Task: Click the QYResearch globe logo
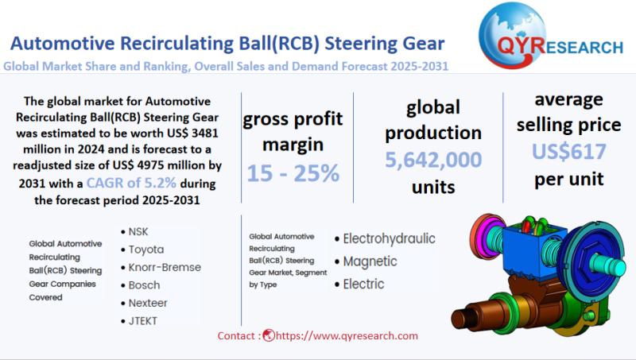pyautogui.click(x=512, y=35)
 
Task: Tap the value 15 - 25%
pyautogui.click(x=293, y=173)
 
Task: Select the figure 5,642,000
pyautogui.click(x=433, y=159)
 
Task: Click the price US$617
pyautogui.click(x=568, y=151)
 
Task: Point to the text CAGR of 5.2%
pyautogui.click(x=131, y=183)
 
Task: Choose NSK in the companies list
pyautogui.click(x=138, y=231)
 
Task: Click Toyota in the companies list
pyautogui.click(x=146, y=250)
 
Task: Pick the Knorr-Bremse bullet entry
pyautogui.click(x=165, y=267)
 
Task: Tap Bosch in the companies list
pyautogui.click(x=144, y=285)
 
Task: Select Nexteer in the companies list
pyautogui.click(x=148, y=303)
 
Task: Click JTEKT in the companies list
pyautogui.click(x=143, y=321)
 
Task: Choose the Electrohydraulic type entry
pyautogui.click(x=389, y=238)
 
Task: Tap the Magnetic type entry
pyautogui.click(x=370, y=261)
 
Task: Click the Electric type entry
pyautogui.click(x=363, y=284)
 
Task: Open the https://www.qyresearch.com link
pyautogui.click(x=347, y=335)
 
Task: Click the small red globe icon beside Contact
pyautogui.click(x=269, y=335)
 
